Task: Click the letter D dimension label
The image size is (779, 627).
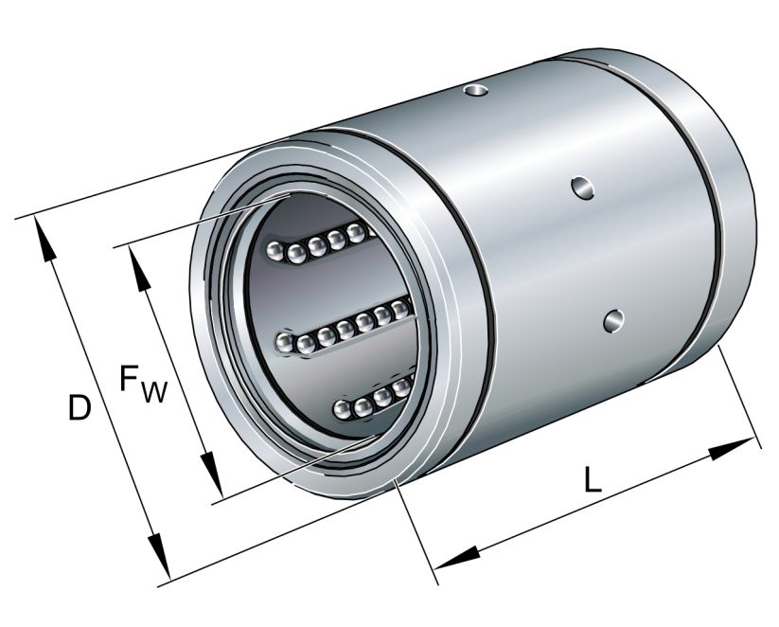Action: coord(80,408)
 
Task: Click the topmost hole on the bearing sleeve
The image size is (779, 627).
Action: coord(478,91)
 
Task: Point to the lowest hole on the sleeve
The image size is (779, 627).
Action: coord(615,321)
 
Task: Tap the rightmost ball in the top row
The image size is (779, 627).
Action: coord(357,232)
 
